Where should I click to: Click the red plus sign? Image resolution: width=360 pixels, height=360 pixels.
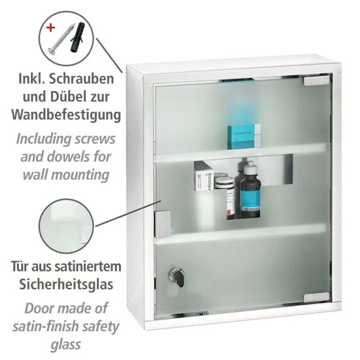[x=51, y=28]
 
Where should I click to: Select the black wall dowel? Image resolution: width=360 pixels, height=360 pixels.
[x=77, y=37]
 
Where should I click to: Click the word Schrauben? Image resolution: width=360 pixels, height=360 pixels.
[x=82, y=79]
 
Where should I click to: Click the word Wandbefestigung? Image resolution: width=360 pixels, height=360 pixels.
[x=66, y=115]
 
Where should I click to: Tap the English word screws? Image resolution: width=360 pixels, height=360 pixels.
[x=96, y=139]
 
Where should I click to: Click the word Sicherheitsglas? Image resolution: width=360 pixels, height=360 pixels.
[x=66, y=284]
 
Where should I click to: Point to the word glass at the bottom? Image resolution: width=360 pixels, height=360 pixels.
[x=66, y=344]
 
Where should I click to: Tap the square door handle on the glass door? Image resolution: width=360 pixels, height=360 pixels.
[x=163, y=224]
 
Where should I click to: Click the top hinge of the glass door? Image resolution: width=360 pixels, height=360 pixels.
[x=317, y=81]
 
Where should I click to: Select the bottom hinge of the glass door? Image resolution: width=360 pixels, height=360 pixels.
[x=317, y=298]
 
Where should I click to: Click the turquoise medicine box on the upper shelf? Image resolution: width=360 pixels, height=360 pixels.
[x=244, y=137]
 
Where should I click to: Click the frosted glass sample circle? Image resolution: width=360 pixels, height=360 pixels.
[x=67, y=226]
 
